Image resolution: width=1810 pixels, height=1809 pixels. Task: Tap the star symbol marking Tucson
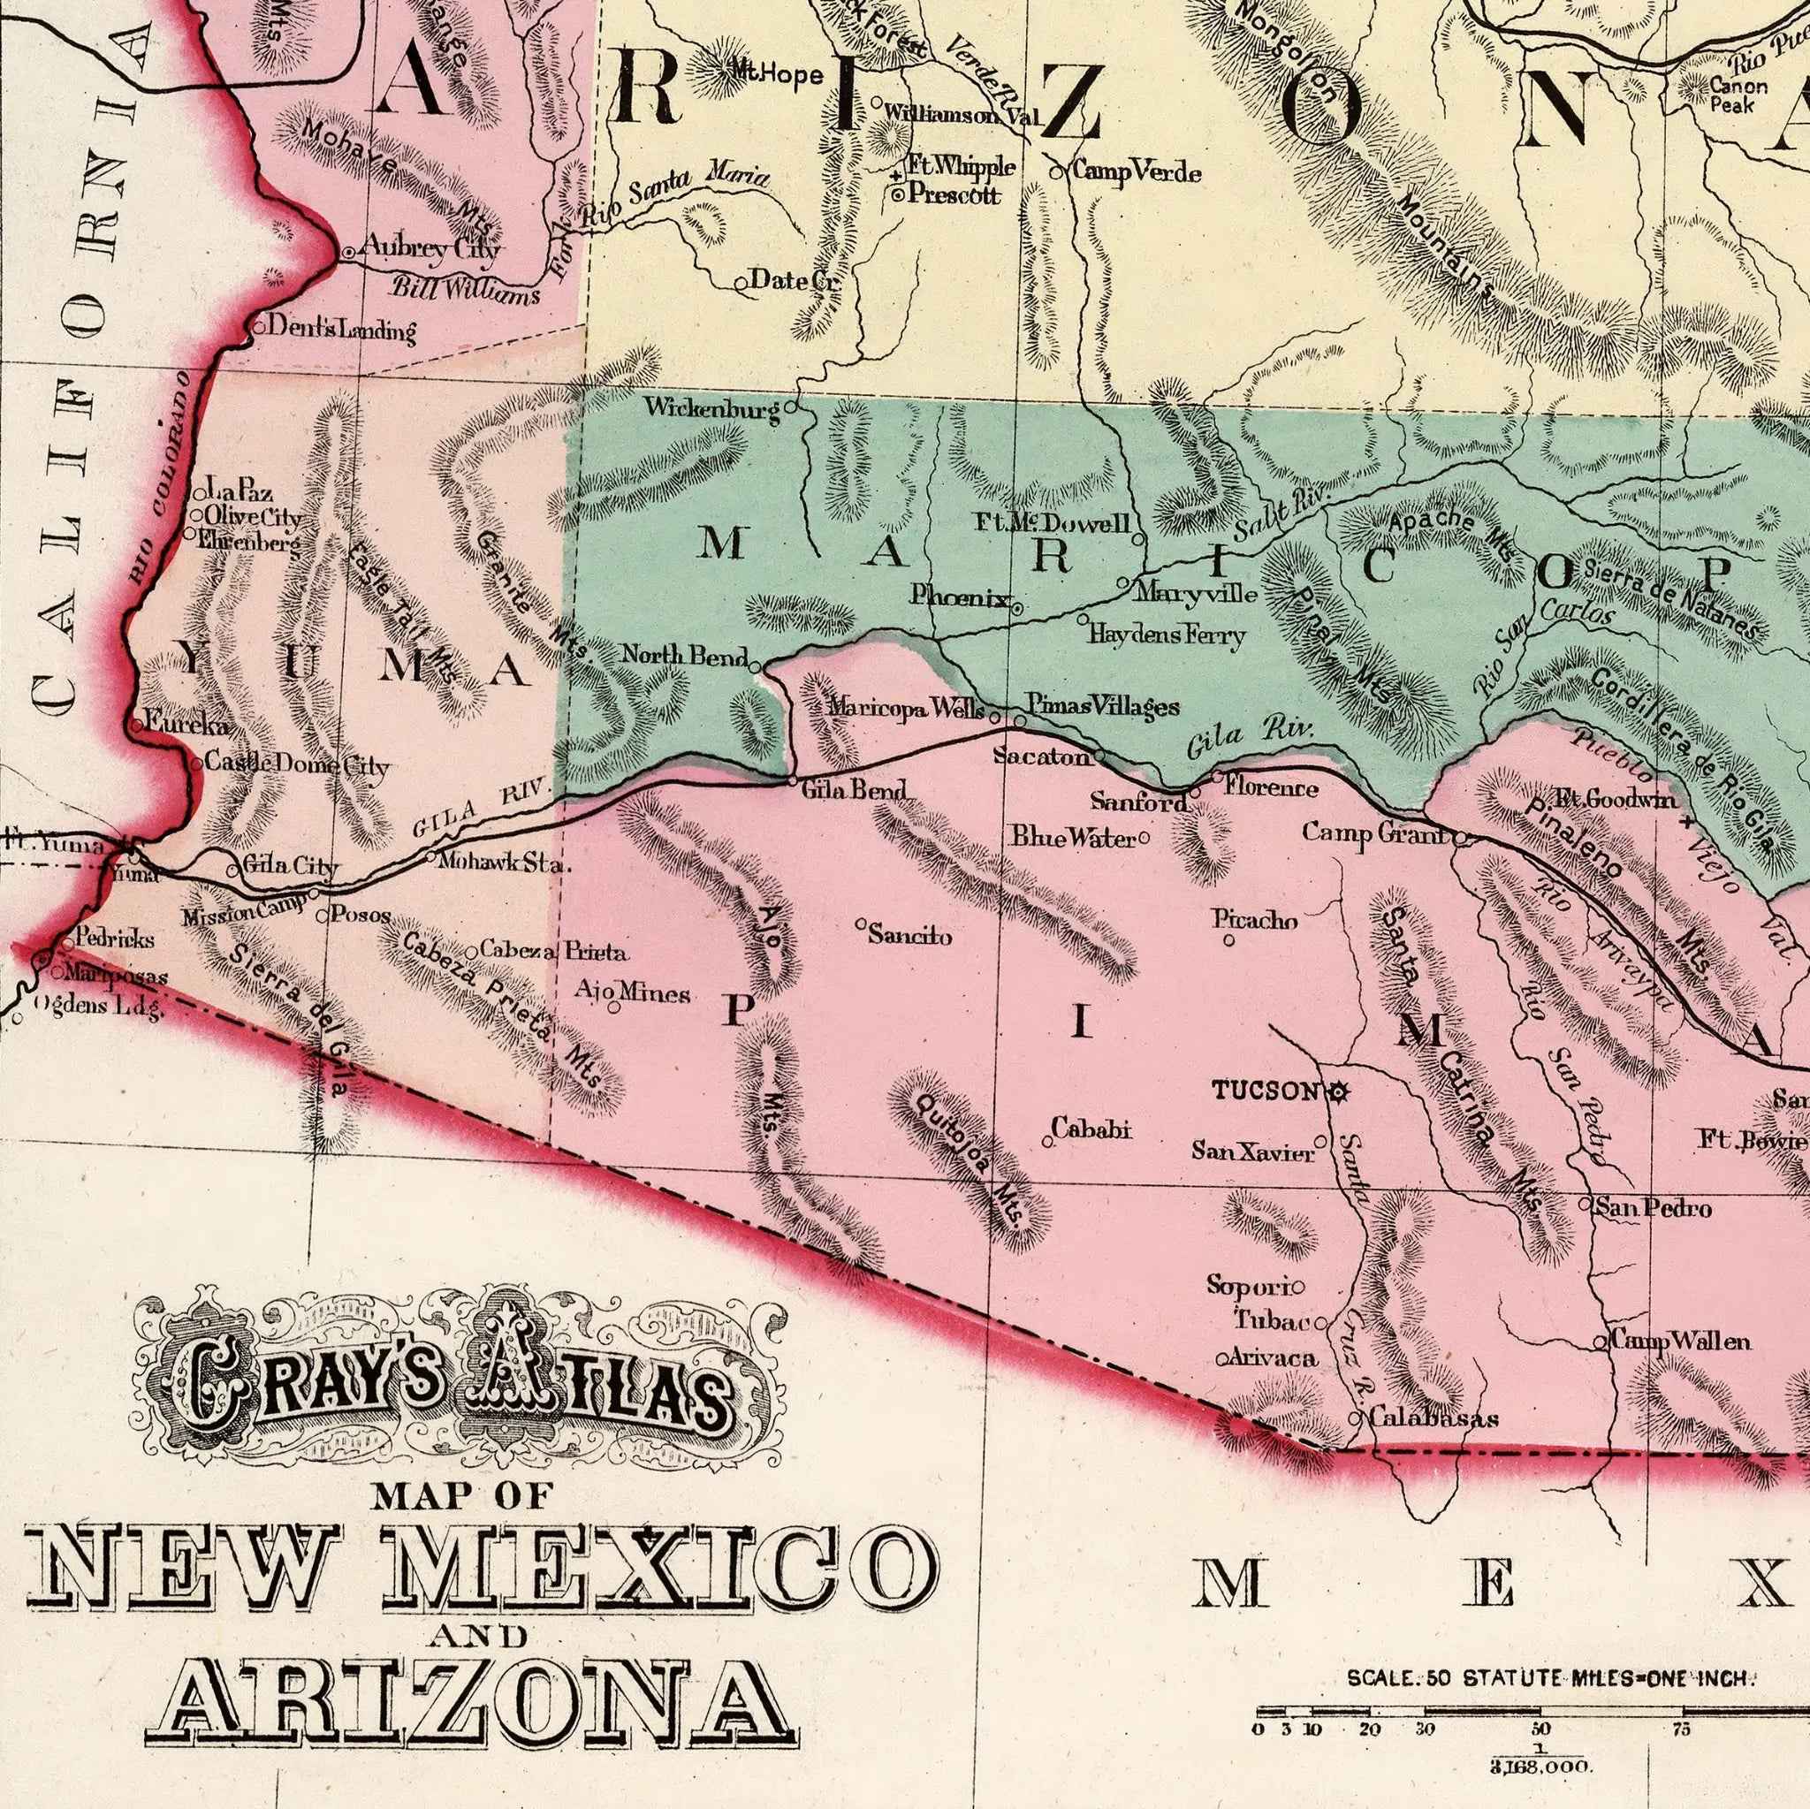[1337, 1091]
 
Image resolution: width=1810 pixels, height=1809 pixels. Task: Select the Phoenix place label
[961, 597]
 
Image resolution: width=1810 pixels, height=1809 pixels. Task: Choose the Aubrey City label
[431, 249]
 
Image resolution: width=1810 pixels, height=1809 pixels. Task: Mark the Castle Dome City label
[296, 764]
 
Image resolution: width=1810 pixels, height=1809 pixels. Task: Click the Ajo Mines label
[633, 992]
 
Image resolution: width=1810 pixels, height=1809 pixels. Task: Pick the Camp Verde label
[1136, 171]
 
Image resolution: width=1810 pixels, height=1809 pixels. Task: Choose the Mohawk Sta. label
[504, 863]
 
